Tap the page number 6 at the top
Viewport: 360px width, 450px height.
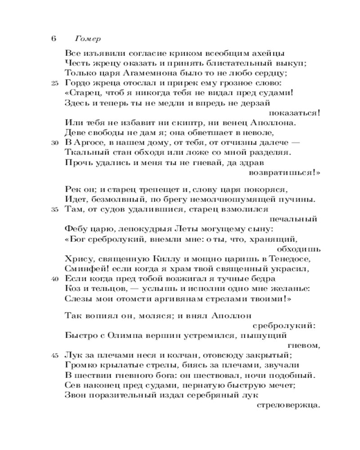tap(53, 38)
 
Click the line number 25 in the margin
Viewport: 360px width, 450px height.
tap(55, 83)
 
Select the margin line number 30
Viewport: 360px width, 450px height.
tap(55, 143)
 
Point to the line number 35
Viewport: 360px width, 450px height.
tap(55, 209)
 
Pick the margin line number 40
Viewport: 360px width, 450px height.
tap(55, 279)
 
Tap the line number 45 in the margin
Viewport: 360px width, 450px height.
tap(55, 355)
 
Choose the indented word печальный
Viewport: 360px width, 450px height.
tap(295, 219)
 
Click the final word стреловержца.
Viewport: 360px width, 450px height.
tap(287, 405)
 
